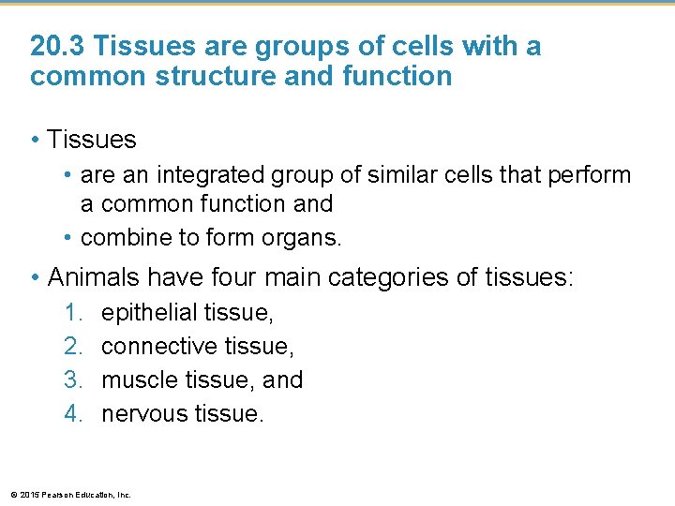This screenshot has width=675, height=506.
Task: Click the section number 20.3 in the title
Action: pos(58,46)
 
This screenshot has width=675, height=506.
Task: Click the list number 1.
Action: pos(74,313)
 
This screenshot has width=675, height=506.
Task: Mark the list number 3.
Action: pos(74,379)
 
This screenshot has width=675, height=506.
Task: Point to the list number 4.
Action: pos(74,413)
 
